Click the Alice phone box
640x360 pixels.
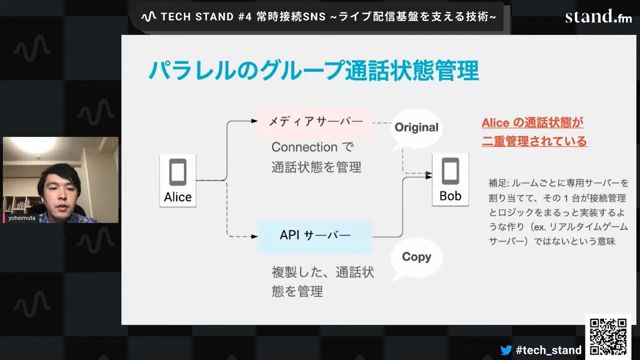pyautogui.click(x=178, y=180)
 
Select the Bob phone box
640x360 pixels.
pyautogui.click(x=450, y=180)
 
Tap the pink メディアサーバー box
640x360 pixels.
pyautogui.click(x=315, y=121)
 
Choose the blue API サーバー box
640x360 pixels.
pyautogui.click(x=315, y=235)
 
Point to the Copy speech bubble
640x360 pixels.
pyautogui.click(x=416, y=257)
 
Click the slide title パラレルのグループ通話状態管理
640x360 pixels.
pyautogui.click(x=313, y=70)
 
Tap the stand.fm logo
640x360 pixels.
pyautogui.click(x=598, y=17)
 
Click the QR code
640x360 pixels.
pyautogui.click(x=608, y=336)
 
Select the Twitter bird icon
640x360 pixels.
pyautogui.click(x=506, y=350)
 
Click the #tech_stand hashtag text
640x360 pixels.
pyautogui.click(x=548, y=350)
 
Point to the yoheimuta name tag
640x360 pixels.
pyautogui.click(x=21, y=218)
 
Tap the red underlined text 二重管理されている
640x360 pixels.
pyautogui.click(x=534, y=142)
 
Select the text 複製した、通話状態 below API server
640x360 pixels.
pyautogui.click(x=323, y=272)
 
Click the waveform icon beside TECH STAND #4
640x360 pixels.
pyautogui.click(x=148, y=17)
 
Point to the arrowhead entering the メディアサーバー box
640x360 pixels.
pyautogui.click(x=255, y=121)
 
